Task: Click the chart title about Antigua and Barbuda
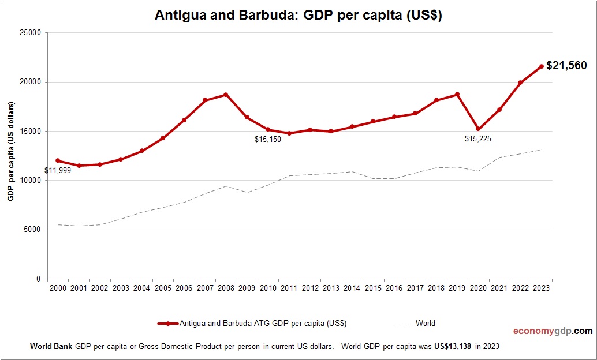point(298,16)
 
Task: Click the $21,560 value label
point(566,66)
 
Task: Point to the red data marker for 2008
point(226,95)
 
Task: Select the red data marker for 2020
point(479,129)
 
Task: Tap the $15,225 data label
point(478,139)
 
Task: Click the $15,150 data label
point(268,140)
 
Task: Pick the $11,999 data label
point(58,171)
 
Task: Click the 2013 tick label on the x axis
point(331,288)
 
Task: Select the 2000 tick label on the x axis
point(58,288)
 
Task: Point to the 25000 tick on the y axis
point(30,33)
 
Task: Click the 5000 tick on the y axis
point(32,230)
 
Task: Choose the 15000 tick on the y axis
point(30,131)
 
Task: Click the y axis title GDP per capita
point(11,151)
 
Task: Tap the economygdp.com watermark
point(553,331)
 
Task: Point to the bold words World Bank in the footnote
point(51,347)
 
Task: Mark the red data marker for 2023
point(542,66)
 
